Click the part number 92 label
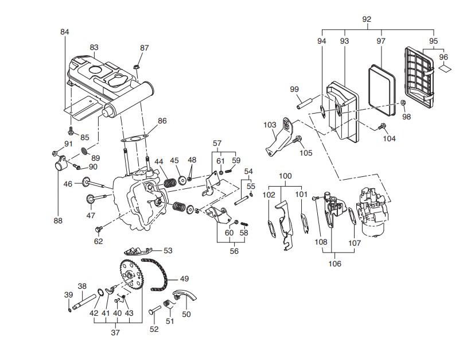click(367, 19)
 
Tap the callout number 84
click(65, 32)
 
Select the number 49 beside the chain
click(184, 278)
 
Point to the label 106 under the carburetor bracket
click(335, 264)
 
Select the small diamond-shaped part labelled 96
click(445, 68)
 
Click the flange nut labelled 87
click(137, 67)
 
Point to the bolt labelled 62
click(99, 229)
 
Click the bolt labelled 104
click(382, 126)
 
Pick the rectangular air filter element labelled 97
click(382, 90)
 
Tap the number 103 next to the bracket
click(270, 125)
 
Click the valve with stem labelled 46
click(93, 183)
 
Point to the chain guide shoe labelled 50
click(185, 295)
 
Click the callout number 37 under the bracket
click(115, 332)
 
